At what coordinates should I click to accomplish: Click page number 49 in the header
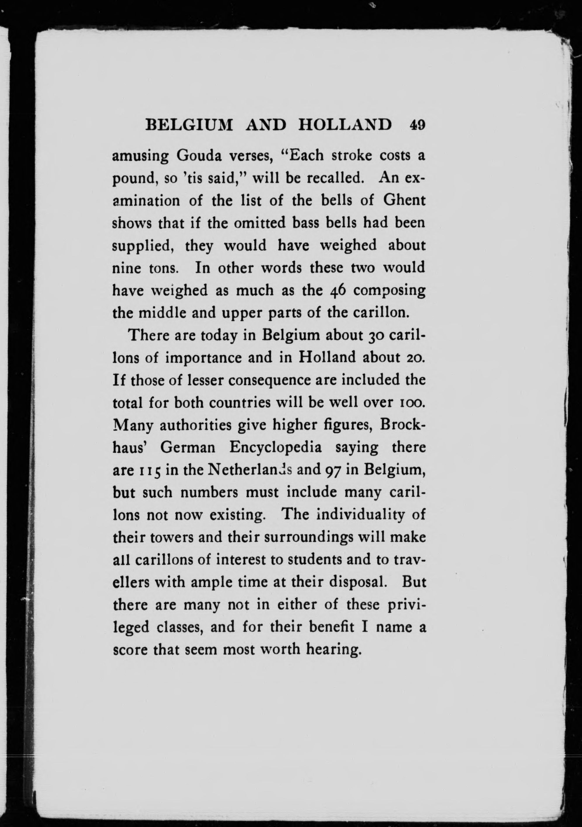(x=417, y=125)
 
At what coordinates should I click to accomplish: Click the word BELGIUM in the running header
(x=188, y=125)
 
